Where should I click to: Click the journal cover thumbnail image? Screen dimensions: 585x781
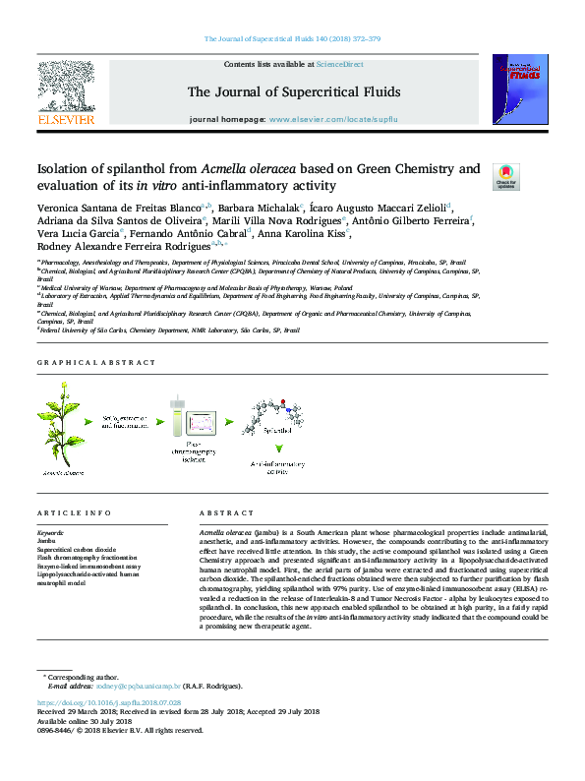pyautogui.click(x=519, y=86)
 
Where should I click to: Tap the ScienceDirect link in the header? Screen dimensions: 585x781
pyautogui.click(x=339, y=64)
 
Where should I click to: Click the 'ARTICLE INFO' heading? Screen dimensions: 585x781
pyautogui.click(x=74, y=513)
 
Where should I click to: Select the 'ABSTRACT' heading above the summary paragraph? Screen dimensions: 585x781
pyautogui.click(x=226, y=513)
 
